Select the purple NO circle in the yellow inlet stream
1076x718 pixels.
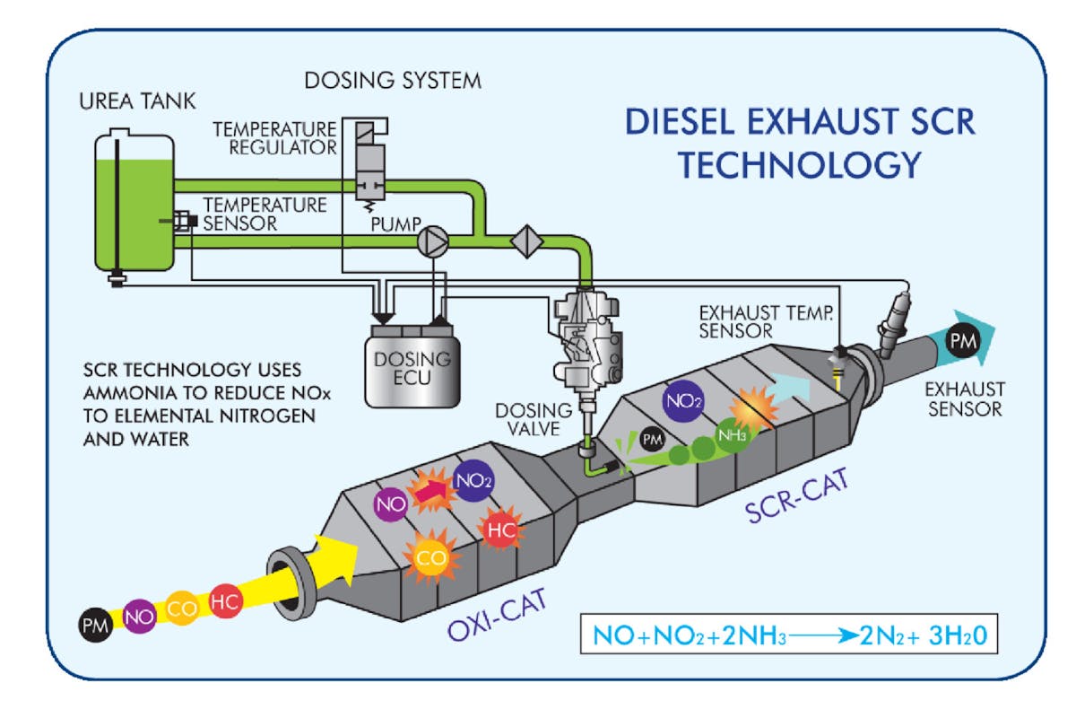(139, 617)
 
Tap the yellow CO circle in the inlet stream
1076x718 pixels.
(183, 609)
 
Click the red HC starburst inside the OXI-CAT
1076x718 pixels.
(499, 529)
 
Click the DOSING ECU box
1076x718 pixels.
(408, 358)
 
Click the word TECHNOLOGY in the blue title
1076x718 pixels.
(798, 163)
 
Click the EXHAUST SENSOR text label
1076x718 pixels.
(964, 400)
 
